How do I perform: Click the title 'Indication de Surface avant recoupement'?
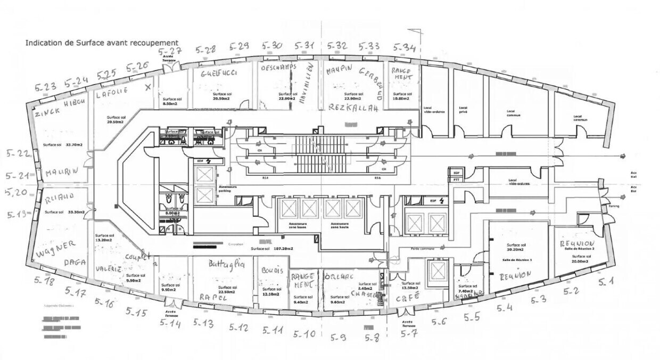point(102,43)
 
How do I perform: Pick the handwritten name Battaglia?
point(226,264)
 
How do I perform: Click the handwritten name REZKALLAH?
point(353,108)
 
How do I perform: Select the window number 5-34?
point(405,48)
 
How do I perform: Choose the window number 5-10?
point(304,334)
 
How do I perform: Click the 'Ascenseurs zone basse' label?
point(297,226)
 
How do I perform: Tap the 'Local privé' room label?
point(463,111)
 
